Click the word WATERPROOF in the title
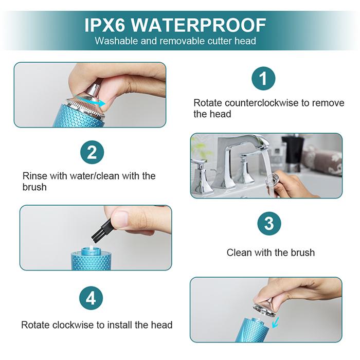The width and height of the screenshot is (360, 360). pyautogui.click(x=199, y=25)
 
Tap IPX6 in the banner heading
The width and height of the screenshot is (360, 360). pyautogui.click(x=105, y=25)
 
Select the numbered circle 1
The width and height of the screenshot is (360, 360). pyautogui.click(x=263, y=78)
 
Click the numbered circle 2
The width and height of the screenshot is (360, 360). pyautogui.click(x=92, y=152)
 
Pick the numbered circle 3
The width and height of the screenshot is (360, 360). pyautogui.click(x=269, y=223)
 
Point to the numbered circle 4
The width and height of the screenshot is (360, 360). pyautogui.click(x=91, y=298)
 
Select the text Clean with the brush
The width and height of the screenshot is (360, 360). pyautogui.click(x=271, y=253)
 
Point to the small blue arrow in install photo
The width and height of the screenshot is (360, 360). pyautogui.click(x=275, y=322)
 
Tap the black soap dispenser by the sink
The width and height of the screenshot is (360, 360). pyautogui.click(x=292, y=152)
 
